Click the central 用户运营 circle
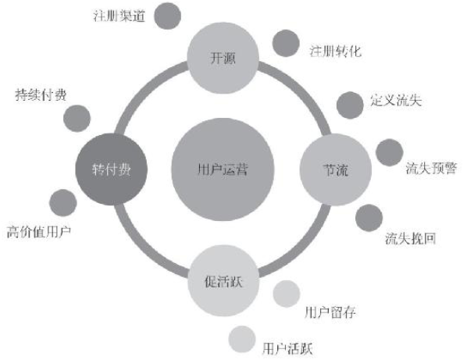click(x=223, y=169)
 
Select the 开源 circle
click(x=223, y=58)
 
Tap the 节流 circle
click(x=336, y=169)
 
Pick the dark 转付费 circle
click(x=112, y=169)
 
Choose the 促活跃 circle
click(x=223, y=280)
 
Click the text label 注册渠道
click(x=119, y=16)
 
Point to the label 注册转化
click(x=336, y=51)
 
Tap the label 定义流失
click(x=396, y=101)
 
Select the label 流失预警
click(x=431, y=168)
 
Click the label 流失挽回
click(x=411, y=238)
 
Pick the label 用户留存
click(x=330, y=312)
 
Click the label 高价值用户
click(x=39, y=232)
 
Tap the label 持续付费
click(x=41, y=95)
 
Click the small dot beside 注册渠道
click(x=168, y=16)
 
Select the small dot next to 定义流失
click(x=350, y=105)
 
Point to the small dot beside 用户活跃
click(x=242, y=339)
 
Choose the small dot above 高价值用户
click(x=63, y=202)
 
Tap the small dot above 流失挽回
click(x=369, y=218)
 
